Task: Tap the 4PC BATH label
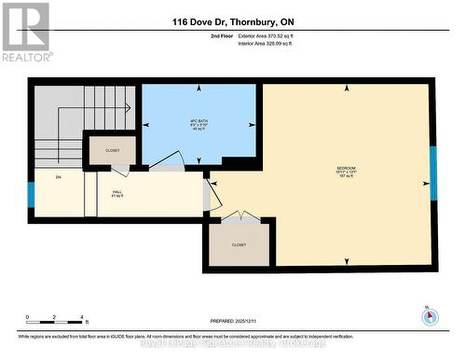tap(198, 126)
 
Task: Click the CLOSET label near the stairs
tap(111, 148)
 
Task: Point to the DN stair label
tap(58, 177)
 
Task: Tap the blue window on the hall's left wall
tap(31, 195)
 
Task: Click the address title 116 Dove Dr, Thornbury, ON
tap(232, 21)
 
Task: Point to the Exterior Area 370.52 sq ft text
tap(271, 35)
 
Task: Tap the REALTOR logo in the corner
tap(25, 31)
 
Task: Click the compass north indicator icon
tap(429, 315)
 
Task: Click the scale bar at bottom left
tap(55, 325)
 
